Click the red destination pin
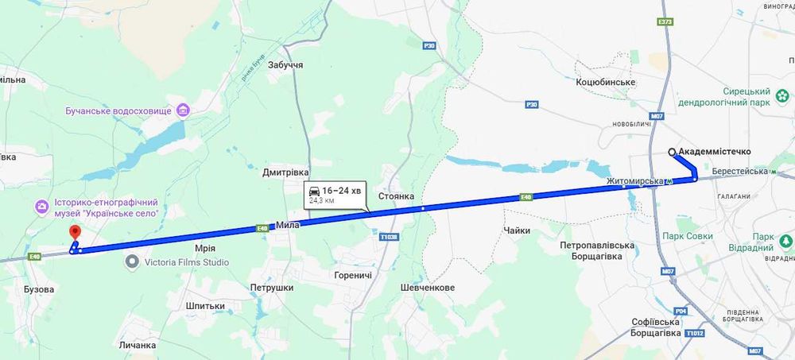(x=76, y=232)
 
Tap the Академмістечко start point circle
(x=672, y=152)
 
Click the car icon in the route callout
(x=315, y=192)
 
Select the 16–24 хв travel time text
(x=341, y=192)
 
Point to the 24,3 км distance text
(x=322, y=201)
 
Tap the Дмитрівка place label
(x=285, y=172)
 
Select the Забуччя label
(x=285, y=64)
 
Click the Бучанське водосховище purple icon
(x=184, y=110)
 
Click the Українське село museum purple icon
(x=41, y=207)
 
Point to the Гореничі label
(x=353, y=274)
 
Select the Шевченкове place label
(x=428, y=288)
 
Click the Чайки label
(x=517, y=230)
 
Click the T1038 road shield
(x=388, y=237)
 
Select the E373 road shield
(x=666, y=21)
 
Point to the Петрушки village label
(x=272, y=288)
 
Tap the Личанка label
(x=137, y=346)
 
